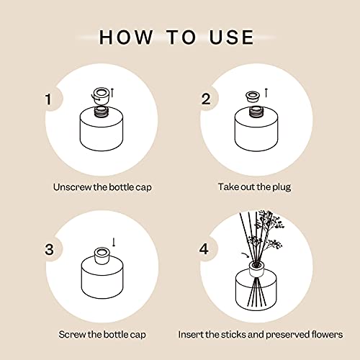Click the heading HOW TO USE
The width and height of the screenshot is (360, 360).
176,37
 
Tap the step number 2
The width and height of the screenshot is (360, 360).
206,99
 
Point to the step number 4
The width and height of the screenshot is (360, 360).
206,249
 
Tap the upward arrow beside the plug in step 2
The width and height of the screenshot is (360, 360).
267,92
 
